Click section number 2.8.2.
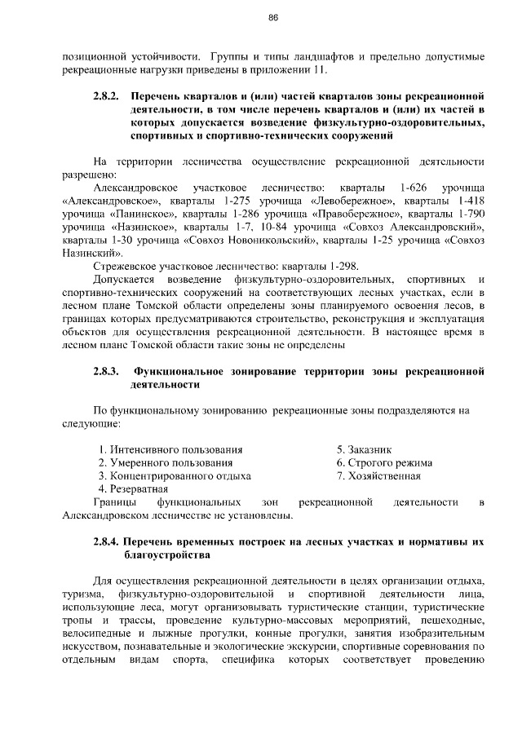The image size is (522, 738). point(108,96)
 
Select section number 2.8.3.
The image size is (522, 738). point(108,371)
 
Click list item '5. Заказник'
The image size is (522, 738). point(365,449)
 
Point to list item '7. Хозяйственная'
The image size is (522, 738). point(379,475)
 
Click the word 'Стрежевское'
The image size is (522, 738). point(129,265)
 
